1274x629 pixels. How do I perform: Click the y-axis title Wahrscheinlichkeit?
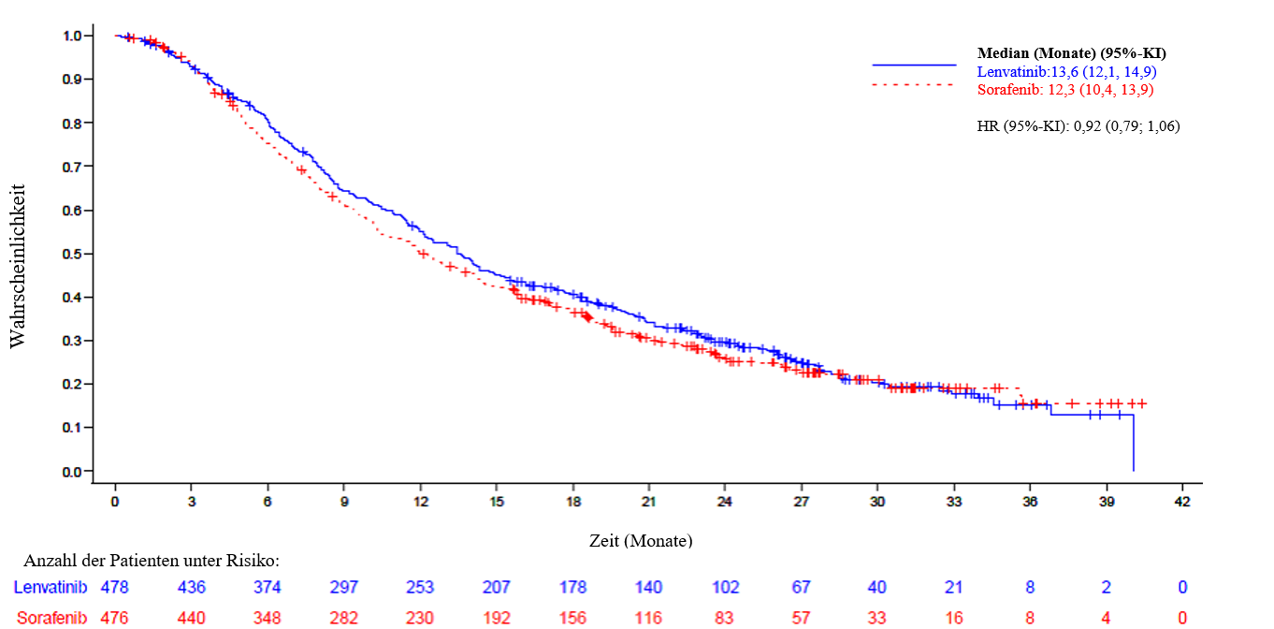point(18,267)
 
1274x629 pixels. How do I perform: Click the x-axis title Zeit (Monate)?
point(641,541)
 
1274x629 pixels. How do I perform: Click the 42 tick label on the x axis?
point(1182,502)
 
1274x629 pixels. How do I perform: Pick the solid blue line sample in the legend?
point(914,65)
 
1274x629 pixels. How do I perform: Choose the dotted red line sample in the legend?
point(914,84)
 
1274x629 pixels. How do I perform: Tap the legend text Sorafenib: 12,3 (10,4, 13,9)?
point(1065,90)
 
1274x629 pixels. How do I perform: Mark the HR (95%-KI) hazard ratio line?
point(1079,125)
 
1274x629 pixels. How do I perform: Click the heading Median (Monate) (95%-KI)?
point(1071,53)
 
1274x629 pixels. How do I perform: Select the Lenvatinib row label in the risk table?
point(50,588)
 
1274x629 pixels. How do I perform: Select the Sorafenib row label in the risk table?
point(50,618)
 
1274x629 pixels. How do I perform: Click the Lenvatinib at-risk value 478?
point(114,588)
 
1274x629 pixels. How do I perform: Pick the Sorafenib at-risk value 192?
point(496,618)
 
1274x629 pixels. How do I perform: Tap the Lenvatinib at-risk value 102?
point(725,588)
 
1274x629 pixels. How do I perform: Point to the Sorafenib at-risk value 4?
point(1107,618)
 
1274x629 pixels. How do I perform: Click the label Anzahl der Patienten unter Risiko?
point(152,561)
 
